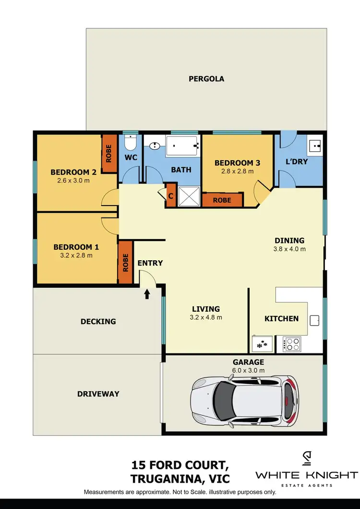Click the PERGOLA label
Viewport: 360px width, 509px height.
click(206, 79)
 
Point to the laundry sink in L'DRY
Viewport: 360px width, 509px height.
click(315, 144)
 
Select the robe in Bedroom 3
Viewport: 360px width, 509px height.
click(222, 200)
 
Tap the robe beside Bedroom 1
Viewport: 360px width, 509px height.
click(125, 262)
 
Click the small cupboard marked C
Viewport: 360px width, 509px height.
click(170, 196)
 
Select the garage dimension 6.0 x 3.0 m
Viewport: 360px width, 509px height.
click(249, 370)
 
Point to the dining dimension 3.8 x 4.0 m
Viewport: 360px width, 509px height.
click(289, 249)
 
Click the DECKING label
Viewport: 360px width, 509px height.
click(98, 321)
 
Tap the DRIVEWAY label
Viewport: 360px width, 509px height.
click(98, 394)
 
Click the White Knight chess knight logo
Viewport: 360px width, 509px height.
click(306, 459)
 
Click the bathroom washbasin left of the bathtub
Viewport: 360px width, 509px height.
click(155, 145)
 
